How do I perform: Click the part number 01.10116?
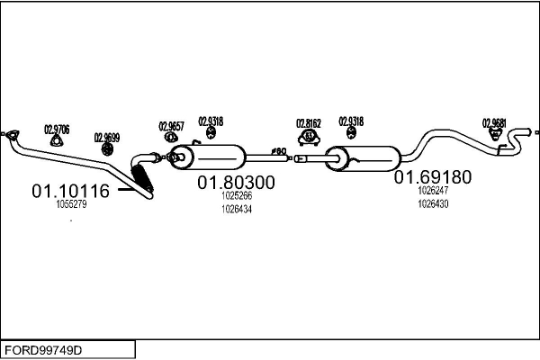click(70, 191)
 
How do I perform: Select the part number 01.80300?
click(237, 182)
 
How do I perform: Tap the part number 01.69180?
click(432, 177)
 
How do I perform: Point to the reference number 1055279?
click(71, 204)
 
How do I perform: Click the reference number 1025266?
click(237, 195)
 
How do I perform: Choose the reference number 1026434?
click(237, 209)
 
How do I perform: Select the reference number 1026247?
click(433, 191)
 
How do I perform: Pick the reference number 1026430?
click(433, 203)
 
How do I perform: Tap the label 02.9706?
click(57, 128)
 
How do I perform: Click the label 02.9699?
click(106, 138)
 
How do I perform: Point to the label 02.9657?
click(171, 126)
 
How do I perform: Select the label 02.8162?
click(309, 123)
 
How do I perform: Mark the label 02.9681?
click(494, 121)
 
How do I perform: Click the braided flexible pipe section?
click(143, 175)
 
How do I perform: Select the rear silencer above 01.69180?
click(364, 159)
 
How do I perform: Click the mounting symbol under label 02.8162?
click(309, 137)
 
